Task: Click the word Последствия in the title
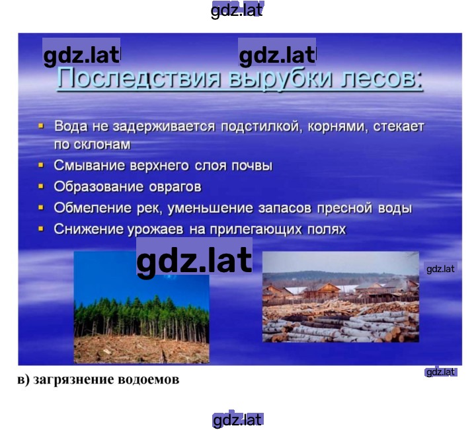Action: pos(139,78)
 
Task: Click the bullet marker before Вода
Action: pos(41,125)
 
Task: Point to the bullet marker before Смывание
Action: pos(41,165)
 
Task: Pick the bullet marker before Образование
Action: pos(41,186)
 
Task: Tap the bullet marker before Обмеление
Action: pos(41,207)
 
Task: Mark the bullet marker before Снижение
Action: pos(41,229)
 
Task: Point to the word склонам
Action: pos(102,145)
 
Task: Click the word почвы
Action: pos(252,166)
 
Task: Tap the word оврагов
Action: pos(175,187)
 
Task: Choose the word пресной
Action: pos(344,208)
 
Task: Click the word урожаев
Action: pos(155,230)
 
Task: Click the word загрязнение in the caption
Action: pos(73,380)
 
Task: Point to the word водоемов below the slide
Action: pos(148,379)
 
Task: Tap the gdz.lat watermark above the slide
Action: pos(237,11)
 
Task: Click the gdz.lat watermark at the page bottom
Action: pos(237,419)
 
